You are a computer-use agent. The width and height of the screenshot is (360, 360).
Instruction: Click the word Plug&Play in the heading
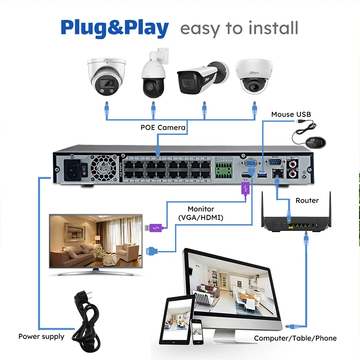point(115,28)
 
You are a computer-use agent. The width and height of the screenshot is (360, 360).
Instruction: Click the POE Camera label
point(163,127)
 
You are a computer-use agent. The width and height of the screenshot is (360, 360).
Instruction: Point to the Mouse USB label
point(291,114)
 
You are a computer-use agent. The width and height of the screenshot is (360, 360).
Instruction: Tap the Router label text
point(307,200)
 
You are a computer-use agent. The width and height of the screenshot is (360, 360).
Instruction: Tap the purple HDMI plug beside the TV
point(155,228)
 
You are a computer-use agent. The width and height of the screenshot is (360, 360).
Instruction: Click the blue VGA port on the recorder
point(252,165)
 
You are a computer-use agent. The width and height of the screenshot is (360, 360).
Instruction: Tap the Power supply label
point(41,336)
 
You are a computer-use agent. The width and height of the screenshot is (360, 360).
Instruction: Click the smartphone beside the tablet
point(196,332)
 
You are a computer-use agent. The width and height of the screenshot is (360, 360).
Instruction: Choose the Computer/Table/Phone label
point(295,338)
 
